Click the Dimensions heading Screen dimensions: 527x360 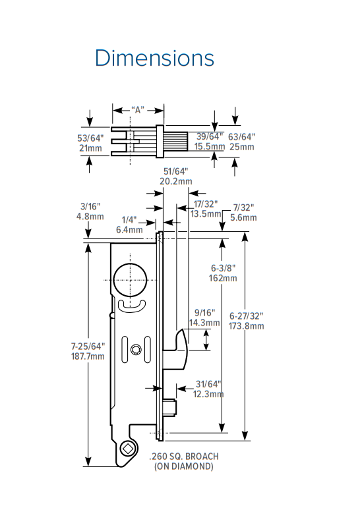point(154,58)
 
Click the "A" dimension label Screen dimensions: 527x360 point(138,110)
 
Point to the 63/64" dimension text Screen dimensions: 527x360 point(241,136)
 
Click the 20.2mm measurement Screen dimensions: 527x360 point(176,181)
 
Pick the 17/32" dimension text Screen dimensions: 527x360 point(205,204)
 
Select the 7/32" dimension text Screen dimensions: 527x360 point(243,208)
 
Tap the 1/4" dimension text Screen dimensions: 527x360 point(129,220)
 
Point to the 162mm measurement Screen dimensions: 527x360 point(224,278)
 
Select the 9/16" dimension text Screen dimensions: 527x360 point(204,313)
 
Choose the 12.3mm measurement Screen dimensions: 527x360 point(208,394)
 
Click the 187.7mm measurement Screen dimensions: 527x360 point(87,356)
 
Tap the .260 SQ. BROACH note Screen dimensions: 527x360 point(184,456)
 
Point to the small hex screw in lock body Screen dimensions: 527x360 point(136,349)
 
